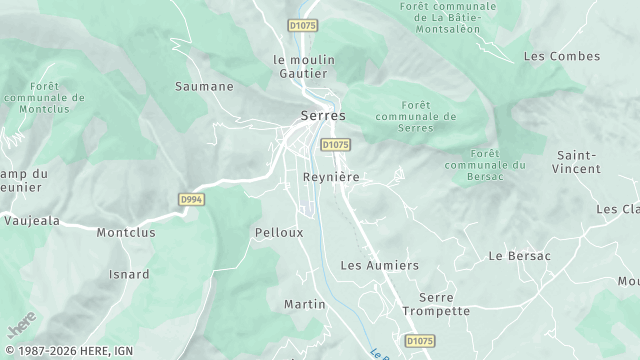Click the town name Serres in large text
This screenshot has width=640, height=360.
tap(323, 116)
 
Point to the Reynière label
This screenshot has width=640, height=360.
tap(330, 176)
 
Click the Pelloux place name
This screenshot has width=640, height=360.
tap(279, 232)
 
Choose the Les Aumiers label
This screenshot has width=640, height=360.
tap(379, 265)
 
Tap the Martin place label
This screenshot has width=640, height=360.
tap(305, 304)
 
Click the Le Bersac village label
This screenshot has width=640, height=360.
tap(519, 256)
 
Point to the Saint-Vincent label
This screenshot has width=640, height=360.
tap(578, 162)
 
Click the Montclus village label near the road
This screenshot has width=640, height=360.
tap(125, 232)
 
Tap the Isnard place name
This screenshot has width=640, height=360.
tap(129, 274)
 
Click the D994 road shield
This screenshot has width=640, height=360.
tap(191, 200)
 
